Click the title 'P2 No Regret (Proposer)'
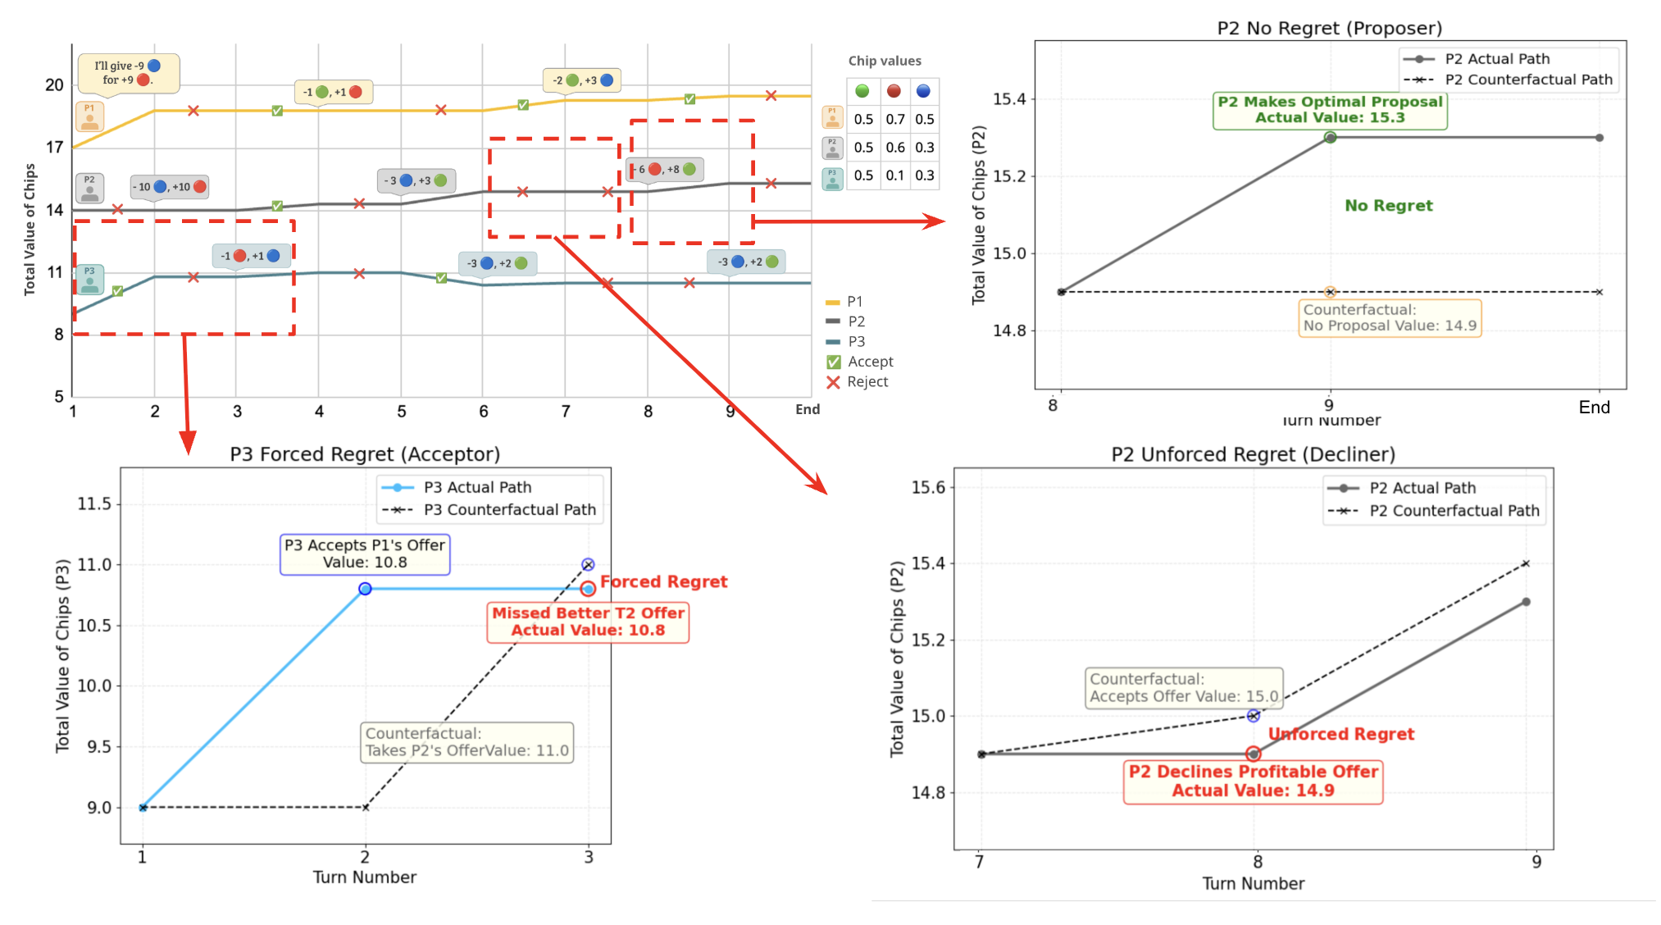1329,28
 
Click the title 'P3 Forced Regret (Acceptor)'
365,454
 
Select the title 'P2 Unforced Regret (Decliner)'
1253,454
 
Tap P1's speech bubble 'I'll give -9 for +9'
128,73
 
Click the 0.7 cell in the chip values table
894,120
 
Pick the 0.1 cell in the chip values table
894,175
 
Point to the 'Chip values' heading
884,61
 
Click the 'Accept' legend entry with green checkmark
861,362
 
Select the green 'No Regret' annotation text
1388,206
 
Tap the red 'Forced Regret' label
663,581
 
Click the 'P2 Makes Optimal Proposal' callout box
1330,110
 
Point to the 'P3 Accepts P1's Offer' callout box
365,554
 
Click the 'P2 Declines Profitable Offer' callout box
1253,781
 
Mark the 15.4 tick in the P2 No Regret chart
1009,99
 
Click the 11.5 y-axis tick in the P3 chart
94,504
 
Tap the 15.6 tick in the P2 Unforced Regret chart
928,488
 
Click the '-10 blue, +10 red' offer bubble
170,187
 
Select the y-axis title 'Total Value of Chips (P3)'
63,656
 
